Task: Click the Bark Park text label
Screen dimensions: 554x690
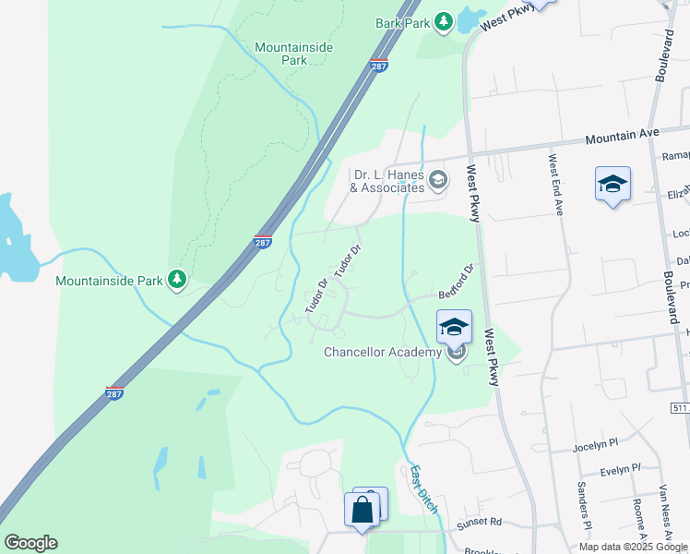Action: [403, 22]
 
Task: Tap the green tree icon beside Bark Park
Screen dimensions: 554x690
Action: [444, 21]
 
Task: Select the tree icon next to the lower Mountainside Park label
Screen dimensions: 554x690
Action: [176, 279]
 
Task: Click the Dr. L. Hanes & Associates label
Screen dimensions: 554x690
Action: [388, 181]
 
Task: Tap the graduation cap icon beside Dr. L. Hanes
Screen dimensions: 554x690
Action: [438, 179]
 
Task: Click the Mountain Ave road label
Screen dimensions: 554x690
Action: [623, 136]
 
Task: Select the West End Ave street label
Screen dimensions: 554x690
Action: [555, 184]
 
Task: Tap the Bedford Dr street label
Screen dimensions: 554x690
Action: [456, 282]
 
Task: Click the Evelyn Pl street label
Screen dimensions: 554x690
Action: [620, 470]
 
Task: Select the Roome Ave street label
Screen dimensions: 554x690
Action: [637, 518]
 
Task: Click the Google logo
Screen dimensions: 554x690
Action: [30, 543]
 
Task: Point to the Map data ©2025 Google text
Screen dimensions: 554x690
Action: [634, 547]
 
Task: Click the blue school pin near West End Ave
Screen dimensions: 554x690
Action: [613, 186]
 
